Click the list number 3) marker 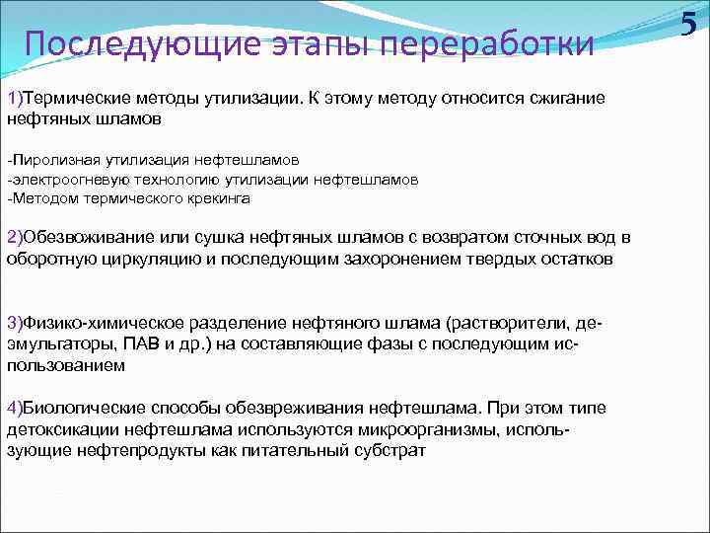click(x=14, y=324)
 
